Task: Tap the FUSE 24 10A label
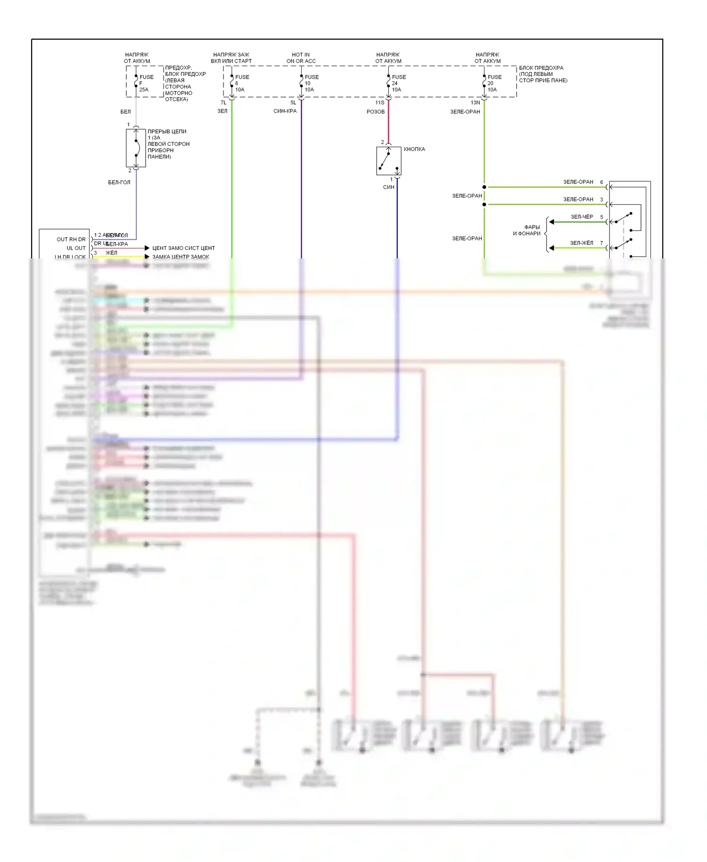click(398, 83)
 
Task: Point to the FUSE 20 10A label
click(494, 83)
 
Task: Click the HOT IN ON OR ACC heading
click(301, 58)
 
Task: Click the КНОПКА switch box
click(388, 161)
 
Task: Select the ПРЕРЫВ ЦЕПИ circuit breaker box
click(136, 148)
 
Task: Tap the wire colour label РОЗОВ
click(376, 112)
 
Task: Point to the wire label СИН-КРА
click(285, 111)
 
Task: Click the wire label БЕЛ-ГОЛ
click(119, 182)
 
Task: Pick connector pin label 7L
click(223, 102)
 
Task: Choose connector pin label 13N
click(475, 102)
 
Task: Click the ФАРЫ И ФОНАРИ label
click(527, 230)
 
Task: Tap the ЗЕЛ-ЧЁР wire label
click(582, 217)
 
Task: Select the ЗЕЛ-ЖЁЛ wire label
click(582, 243)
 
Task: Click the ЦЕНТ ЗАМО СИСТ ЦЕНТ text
click(183, 248)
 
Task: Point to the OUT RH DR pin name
click(71, 240)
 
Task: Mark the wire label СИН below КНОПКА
click(388, 187)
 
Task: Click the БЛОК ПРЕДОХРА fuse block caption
click(543, 74)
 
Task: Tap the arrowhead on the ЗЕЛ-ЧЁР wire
click(551, 222)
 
